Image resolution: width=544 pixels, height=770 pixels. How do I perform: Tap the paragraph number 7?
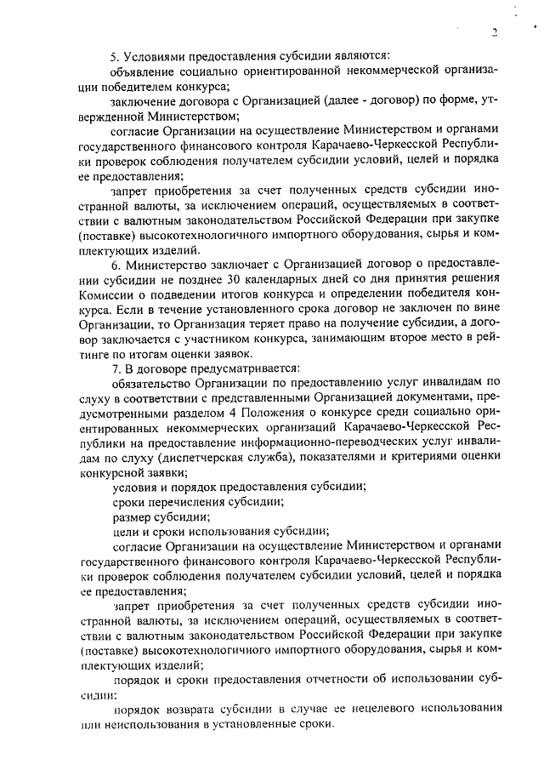click(115, 368)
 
